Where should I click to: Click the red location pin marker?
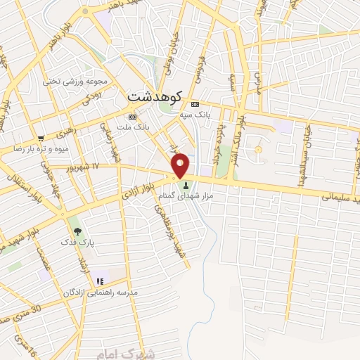tap(181, 165)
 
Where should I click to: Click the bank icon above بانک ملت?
tap(131, 117)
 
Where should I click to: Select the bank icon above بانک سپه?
tap(195, 103)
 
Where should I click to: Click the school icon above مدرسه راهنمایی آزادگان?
tap(99, 282)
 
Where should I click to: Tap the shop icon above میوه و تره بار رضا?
tap(41, 138)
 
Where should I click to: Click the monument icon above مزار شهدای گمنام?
tap(186, 186)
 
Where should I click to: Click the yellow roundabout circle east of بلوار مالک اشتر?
tap(258, 149)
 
